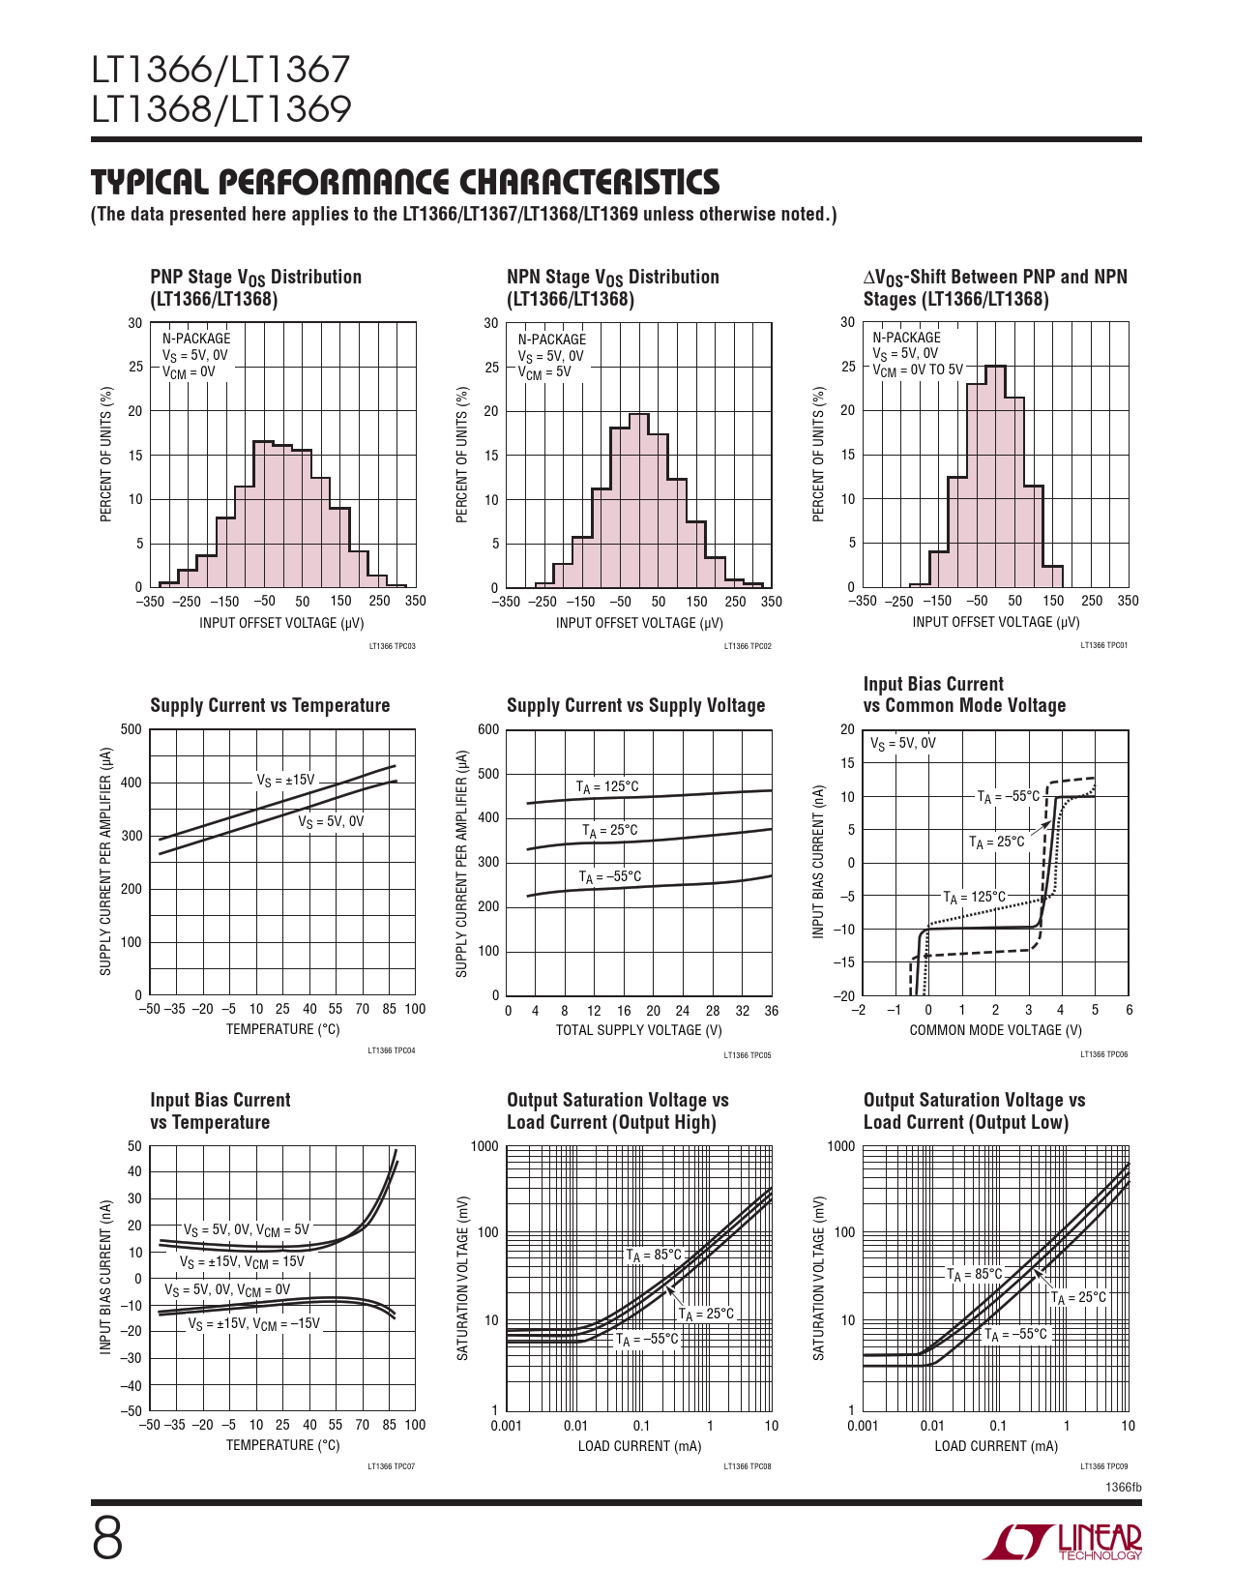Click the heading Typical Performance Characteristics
pyautogui.click(x=405, y=182)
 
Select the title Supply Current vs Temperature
pyautogui.click(x=270, y=705)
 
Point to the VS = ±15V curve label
pyautogui.click(x=285, y=780)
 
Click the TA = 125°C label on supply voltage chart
pyautogui.click(x=607, y=786)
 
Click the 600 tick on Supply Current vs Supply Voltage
pyautogui.click(x=489, y=729)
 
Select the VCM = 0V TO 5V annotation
pyautogui.click(x=918, y=369)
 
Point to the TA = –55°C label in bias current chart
pyautogui.click(x=1008, y=796)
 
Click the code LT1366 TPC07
pyautogui.click(x=391, y=1466)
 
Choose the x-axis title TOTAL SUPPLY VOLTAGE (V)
pyautogui.click(x=638, y=1030)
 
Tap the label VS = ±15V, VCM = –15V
pyautogui.click(x=253, y=1323)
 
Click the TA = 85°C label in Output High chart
pyautogui.click(x=653, y=1255)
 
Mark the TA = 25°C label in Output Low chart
pyautogui.click(x=1078, y=1297)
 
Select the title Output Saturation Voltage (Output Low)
pyautogui.click(x=974, y=1111)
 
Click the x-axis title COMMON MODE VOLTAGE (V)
pyautogui.click(x=995, y=1030)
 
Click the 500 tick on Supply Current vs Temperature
pyautogui.click(x=132, y=729)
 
